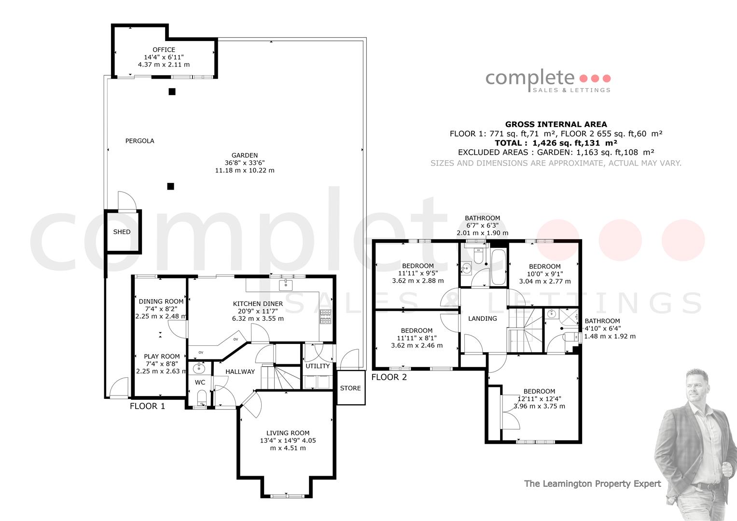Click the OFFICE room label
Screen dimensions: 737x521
pyautogui.click(x=164, y=50)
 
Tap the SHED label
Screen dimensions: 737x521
pyautogui.click(x=122, y=232)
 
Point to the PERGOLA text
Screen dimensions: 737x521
pyautogui.click(x=140, y=141)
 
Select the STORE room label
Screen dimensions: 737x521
pyautogui.click(x=350, y=388)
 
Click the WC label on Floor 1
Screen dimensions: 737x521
pyautogui.click(x=200, y=382)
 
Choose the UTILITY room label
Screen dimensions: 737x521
pyautogui.click(x=318, y=366)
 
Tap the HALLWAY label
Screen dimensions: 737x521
pyautogui.click(x=240, y=371)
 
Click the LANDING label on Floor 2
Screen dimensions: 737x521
pyautogui.click(x=483, y=318)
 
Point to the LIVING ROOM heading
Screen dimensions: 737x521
pyautogui.click(x=288, y=433)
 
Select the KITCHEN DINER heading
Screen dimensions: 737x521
pyautogui.click(x=258, y=304)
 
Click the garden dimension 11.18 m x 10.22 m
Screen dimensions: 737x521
pyautogui.click(x=245, y=170)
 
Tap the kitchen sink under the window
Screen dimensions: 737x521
pyautogui.click(x=286, y=285)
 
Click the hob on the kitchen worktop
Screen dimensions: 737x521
pyautogui.click(x=326, y=317)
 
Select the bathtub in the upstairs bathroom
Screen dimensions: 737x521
pyautogui.click(x=498, y=267)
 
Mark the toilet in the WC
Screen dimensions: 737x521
pyautogui.click(x=202, y=398)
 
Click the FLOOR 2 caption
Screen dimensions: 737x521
pyautogui.click(x=389, y=377)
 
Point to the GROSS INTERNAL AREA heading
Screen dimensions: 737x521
pyautogui.click(x=556, y=124)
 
